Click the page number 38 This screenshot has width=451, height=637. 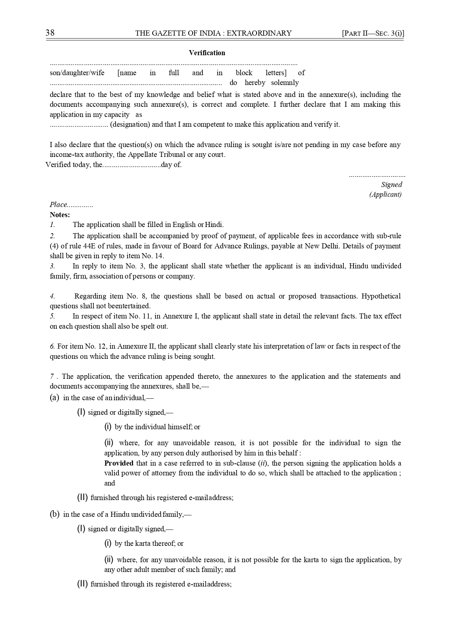point(50,33)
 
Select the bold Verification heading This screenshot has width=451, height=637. point(207,53)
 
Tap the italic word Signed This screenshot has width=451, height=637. point(391,184)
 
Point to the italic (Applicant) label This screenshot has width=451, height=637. point(386,194)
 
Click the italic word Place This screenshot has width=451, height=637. point(59,204)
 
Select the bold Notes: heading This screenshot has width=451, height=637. point(60,215)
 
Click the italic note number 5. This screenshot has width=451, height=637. point(52,316)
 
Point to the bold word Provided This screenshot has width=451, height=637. point(119,463)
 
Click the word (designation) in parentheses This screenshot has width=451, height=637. point(130,124)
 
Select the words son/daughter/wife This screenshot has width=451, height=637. point(77,73)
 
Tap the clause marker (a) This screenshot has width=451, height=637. point(55,398)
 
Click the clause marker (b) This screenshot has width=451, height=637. point(55,514)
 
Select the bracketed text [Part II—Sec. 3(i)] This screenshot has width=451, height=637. point(373,33)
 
